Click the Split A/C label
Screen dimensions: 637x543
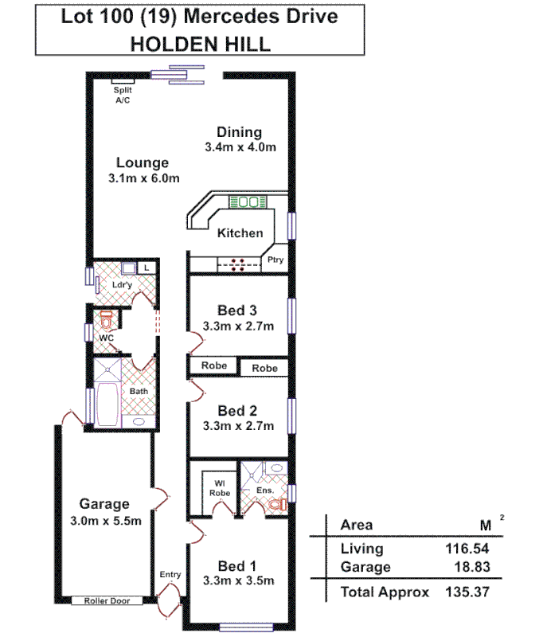tap(122, 96)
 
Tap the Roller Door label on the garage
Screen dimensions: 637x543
tap(107, 600)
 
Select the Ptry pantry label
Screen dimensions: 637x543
tap(275, 260)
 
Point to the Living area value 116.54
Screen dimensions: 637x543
tap(467, 549)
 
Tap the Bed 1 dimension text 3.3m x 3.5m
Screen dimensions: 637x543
tap(237, 580)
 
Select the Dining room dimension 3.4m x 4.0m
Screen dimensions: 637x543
tap(240, 147)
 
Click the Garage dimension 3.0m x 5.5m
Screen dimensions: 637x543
tap(104, 522)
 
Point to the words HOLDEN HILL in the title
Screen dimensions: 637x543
tap(200, 44)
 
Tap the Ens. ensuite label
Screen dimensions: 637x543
tap(266, 490)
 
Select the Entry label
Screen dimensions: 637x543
tap(170, 574)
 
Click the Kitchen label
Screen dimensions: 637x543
tap(240, 233)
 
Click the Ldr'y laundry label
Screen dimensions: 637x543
tap(122, 285)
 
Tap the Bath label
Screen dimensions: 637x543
tap(139, 391)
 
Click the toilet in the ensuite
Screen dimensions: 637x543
tap(276, 503)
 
